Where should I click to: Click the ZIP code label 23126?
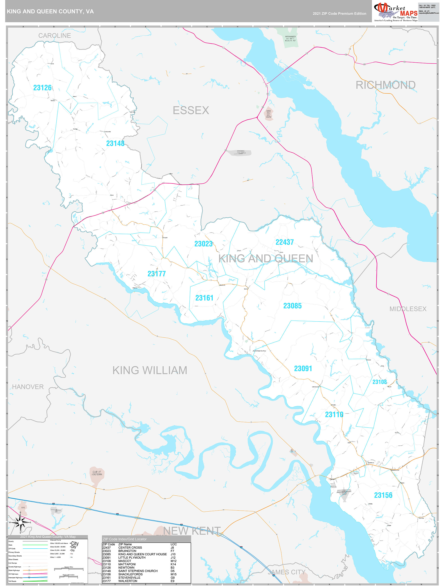coord(42,88)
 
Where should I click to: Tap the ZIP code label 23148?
coord(115,143)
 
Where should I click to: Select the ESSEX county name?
coord(191,110)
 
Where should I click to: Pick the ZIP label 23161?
coord(204,298)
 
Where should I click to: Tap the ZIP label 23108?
coord(380,382)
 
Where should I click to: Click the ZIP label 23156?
coord(383,495)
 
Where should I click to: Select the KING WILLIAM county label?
coord(150,370)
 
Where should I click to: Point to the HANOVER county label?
coord(28,387)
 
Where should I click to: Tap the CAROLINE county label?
coord(55,36)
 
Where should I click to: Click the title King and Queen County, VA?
coord(50,11)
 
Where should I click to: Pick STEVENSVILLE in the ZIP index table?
coord(129,577)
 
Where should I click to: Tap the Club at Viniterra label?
coord(97,473)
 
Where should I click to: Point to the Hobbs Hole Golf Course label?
coord(268,114)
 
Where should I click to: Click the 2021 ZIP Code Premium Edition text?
coord(339,14)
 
